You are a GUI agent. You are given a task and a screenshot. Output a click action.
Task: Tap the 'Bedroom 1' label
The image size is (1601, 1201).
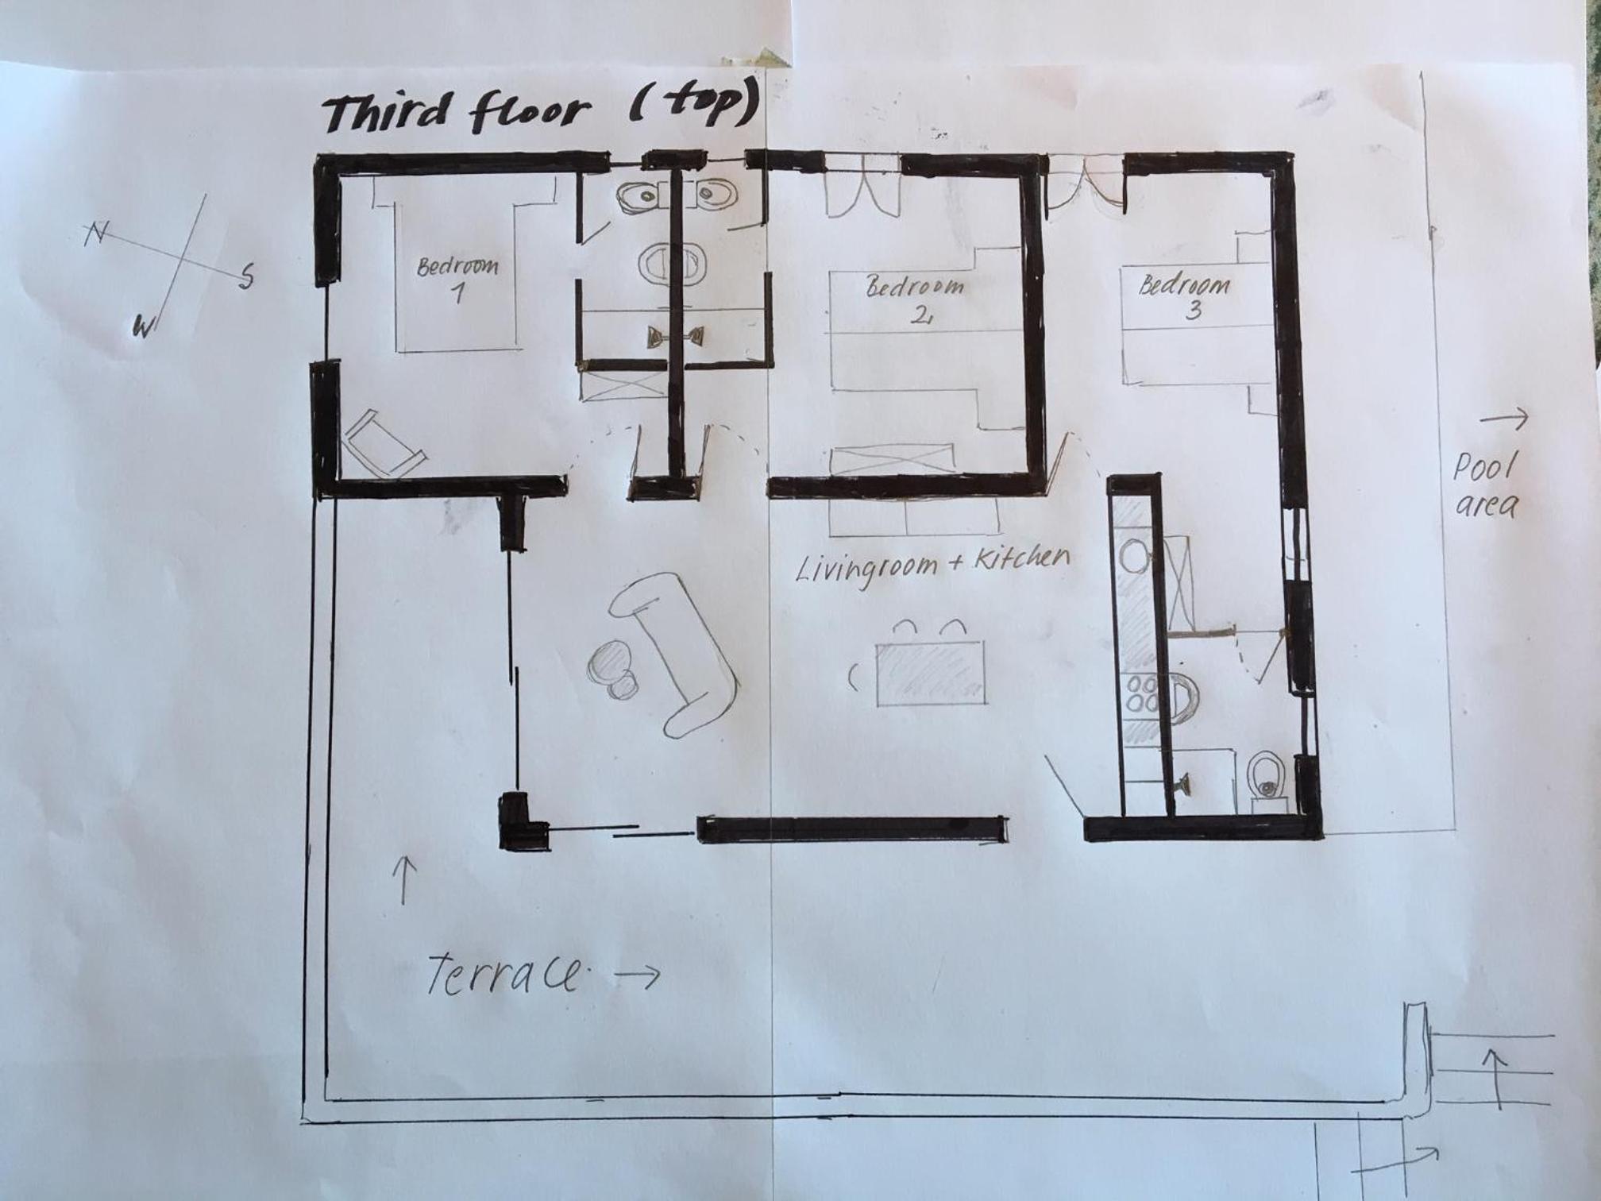[458, 279]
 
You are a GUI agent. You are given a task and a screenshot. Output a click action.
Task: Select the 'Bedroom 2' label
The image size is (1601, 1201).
[915, 299]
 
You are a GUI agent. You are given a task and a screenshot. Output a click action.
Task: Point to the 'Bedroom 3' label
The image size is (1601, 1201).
[1185, 295]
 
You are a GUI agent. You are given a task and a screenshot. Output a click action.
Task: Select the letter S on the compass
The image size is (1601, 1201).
[247, 276]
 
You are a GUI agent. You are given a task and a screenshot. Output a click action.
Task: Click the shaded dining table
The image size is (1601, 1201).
[931, 673]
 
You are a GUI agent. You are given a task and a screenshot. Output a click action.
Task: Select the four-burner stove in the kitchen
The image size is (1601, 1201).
[1141, 693]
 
